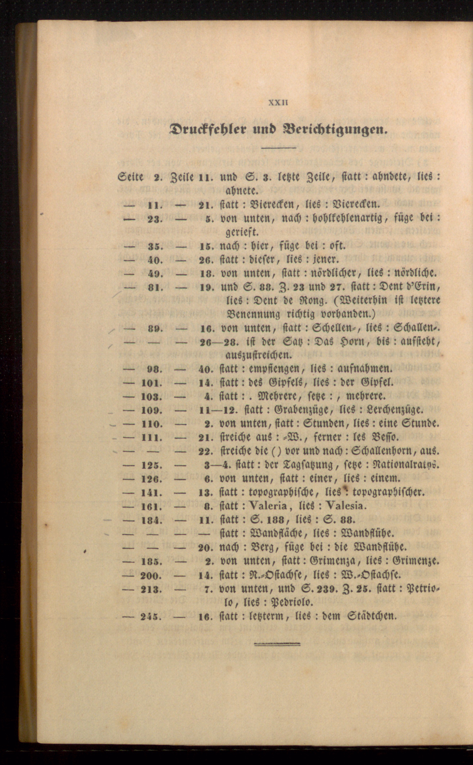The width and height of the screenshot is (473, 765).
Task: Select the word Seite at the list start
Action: [x=130, y=177]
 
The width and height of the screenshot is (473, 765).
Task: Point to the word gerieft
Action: [x=242, y=232]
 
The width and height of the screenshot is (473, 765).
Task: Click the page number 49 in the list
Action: [x=154, y=273]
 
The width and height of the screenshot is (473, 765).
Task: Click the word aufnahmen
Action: [x=365, y=369]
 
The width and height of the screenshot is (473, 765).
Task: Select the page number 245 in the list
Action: [x=151, y=617]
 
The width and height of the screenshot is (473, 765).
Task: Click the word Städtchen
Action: [x=372, y=616]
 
